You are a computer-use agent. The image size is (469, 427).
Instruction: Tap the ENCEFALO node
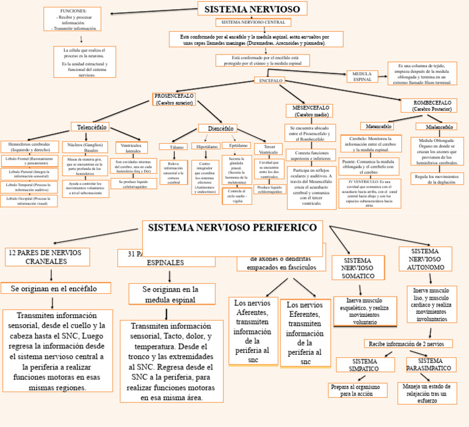pyautogui.click(x=271, y=80)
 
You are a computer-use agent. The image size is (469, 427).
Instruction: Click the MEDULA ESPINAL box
pyautogui.click(x=362, y=76)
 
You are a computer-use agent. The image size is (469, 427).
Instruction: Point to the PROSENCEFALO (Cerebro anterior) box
pyautogui.click(x=174, y=99)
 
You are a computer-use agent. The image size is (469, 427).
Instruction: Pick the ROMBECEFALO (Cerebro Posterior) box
pyautogui.click(x=432, y=106)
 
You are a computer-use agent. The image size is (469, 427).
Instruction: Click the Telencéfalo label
pyautogui.click(x=92, y=127)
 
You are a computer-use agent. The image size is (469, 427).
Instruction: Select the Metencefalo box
pyautogui.click(x=379, y=126)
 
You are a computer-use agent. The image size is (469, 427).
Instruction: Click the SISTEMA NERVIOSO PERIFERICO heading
pyautogui.click(x=232, y=228)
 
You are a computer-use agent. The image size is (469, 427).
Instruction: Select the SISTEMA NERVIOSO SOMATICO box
pyautogui.click(x=358, y=267)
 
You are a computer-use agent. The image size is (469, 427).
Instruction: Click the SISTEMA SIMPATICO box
pyautogui.click(x=365, y=365)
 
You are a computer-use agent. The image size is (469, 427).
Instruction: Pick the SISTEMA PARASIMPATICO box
pyautogui.click(x=430, y=365)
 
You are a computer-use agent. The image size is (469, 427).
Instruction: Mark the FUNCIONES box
pyautogui.click(x=72, y=20)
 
